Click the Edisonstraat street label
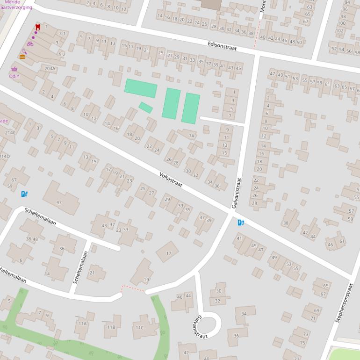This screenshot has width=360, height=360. [222, 45]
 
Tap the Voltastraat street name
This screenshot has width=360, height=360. [170, 180]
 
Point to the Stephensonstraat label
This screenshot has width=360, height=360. [343, 302]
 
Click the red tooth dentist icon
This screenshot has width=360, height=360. [38, 27]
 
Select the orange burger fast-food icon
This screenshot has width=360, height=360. [22, 57]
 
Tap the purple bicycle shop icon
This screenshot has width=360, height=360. [30, 44]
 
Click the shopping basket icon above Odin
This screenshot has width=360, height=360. [14, 69]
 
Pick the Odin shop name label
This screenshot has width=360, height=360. [14, 76]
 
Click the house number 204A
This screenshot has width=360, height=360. [50, 68]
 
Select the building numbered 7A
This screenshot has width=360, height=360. [191, 136]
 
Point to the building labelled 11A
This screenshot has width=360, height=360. [83, 323]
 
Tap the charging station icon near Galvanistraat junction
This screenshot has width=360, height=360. [241, 223]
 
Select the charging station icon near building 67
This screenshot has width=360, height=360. [24, 194]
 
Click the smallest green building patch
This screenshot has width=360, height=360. [145, 108]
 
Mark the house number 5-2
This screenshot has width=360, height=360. [62, 54]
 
